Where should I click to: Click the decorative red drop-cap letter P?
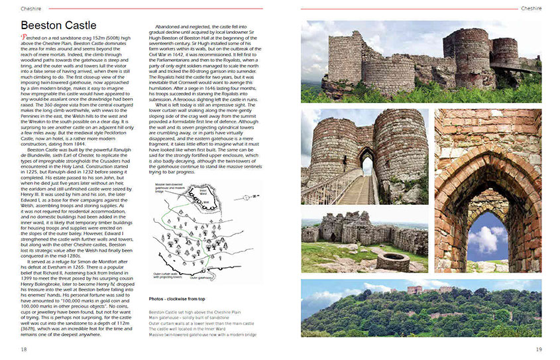[25, 40]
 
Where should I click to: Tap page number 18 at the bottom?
[23, 349]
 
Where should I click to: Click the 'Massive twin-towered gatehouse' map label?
[170, 190]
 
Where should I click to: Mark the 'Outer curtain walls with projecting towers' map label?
[168, 273]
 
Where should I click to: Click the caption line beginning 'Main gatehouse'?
[192, 317]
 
